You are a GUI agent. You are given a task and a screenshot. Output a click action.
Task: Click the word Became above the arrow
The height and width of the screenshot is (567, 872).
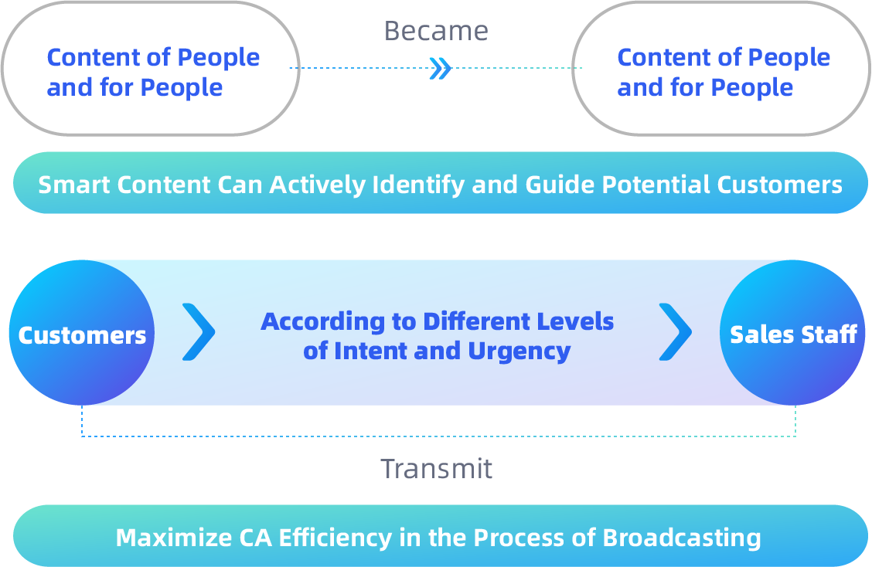(436, 31)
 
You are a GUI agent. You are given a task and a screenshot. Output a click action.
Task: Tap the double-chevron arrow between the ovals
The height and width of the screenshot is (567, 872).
(441, 69)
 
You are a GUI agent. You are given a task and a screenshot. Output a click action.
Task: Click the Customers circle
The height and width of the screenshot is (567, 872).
(82, 332)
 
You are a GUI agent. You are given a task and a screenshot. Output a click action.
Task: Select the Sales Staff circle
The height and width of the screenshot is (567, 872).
(792, 332)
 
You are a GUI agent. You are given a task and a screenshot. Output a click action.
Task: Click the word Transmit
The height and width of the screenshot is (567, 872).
(437, 469)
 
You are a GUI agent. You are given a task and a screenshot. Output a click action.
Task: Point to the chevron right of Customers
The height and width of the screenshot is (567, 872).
(199, 332)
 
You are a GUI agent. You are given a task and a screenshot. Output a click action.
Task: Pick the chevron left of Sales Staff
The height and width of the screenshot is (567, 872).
(675, 332)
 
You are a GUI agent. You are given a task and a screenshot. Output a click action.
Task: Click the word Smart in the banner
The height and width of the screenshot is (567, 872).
(74, 185)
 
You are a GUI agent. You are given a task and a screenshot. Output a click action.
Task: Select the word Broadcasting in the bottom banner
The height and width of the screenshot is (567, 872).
(682, 538)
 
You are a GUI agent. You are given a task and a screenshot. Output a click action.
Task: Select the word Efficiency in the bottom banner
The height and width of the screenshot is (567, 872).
(336, 538)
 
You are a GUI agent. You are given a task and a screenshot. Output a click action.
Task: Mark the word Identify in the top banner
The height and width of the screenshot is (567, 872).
(418, 185)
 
